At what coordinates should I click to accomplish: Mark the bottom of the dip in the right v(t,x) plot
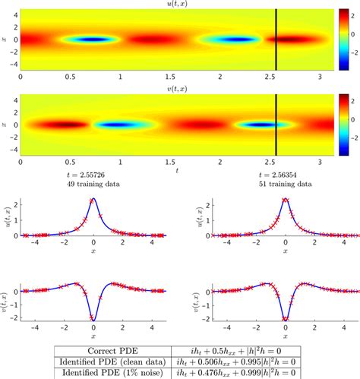[x=285, y=319]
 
